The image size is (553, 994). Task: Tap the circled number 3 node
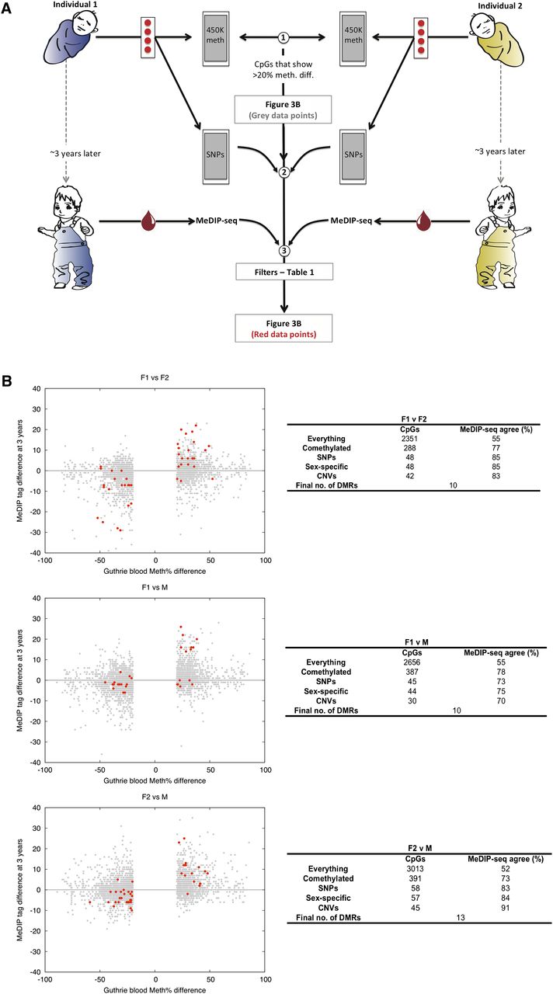coord(285,251)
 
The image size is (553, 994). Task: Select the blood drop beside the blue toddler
coord(148,222)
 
